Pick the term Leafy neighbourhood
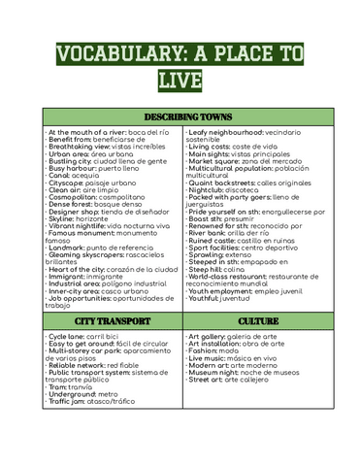click(x=232, y=130)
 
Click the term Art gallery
click(x=210, y=335)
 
